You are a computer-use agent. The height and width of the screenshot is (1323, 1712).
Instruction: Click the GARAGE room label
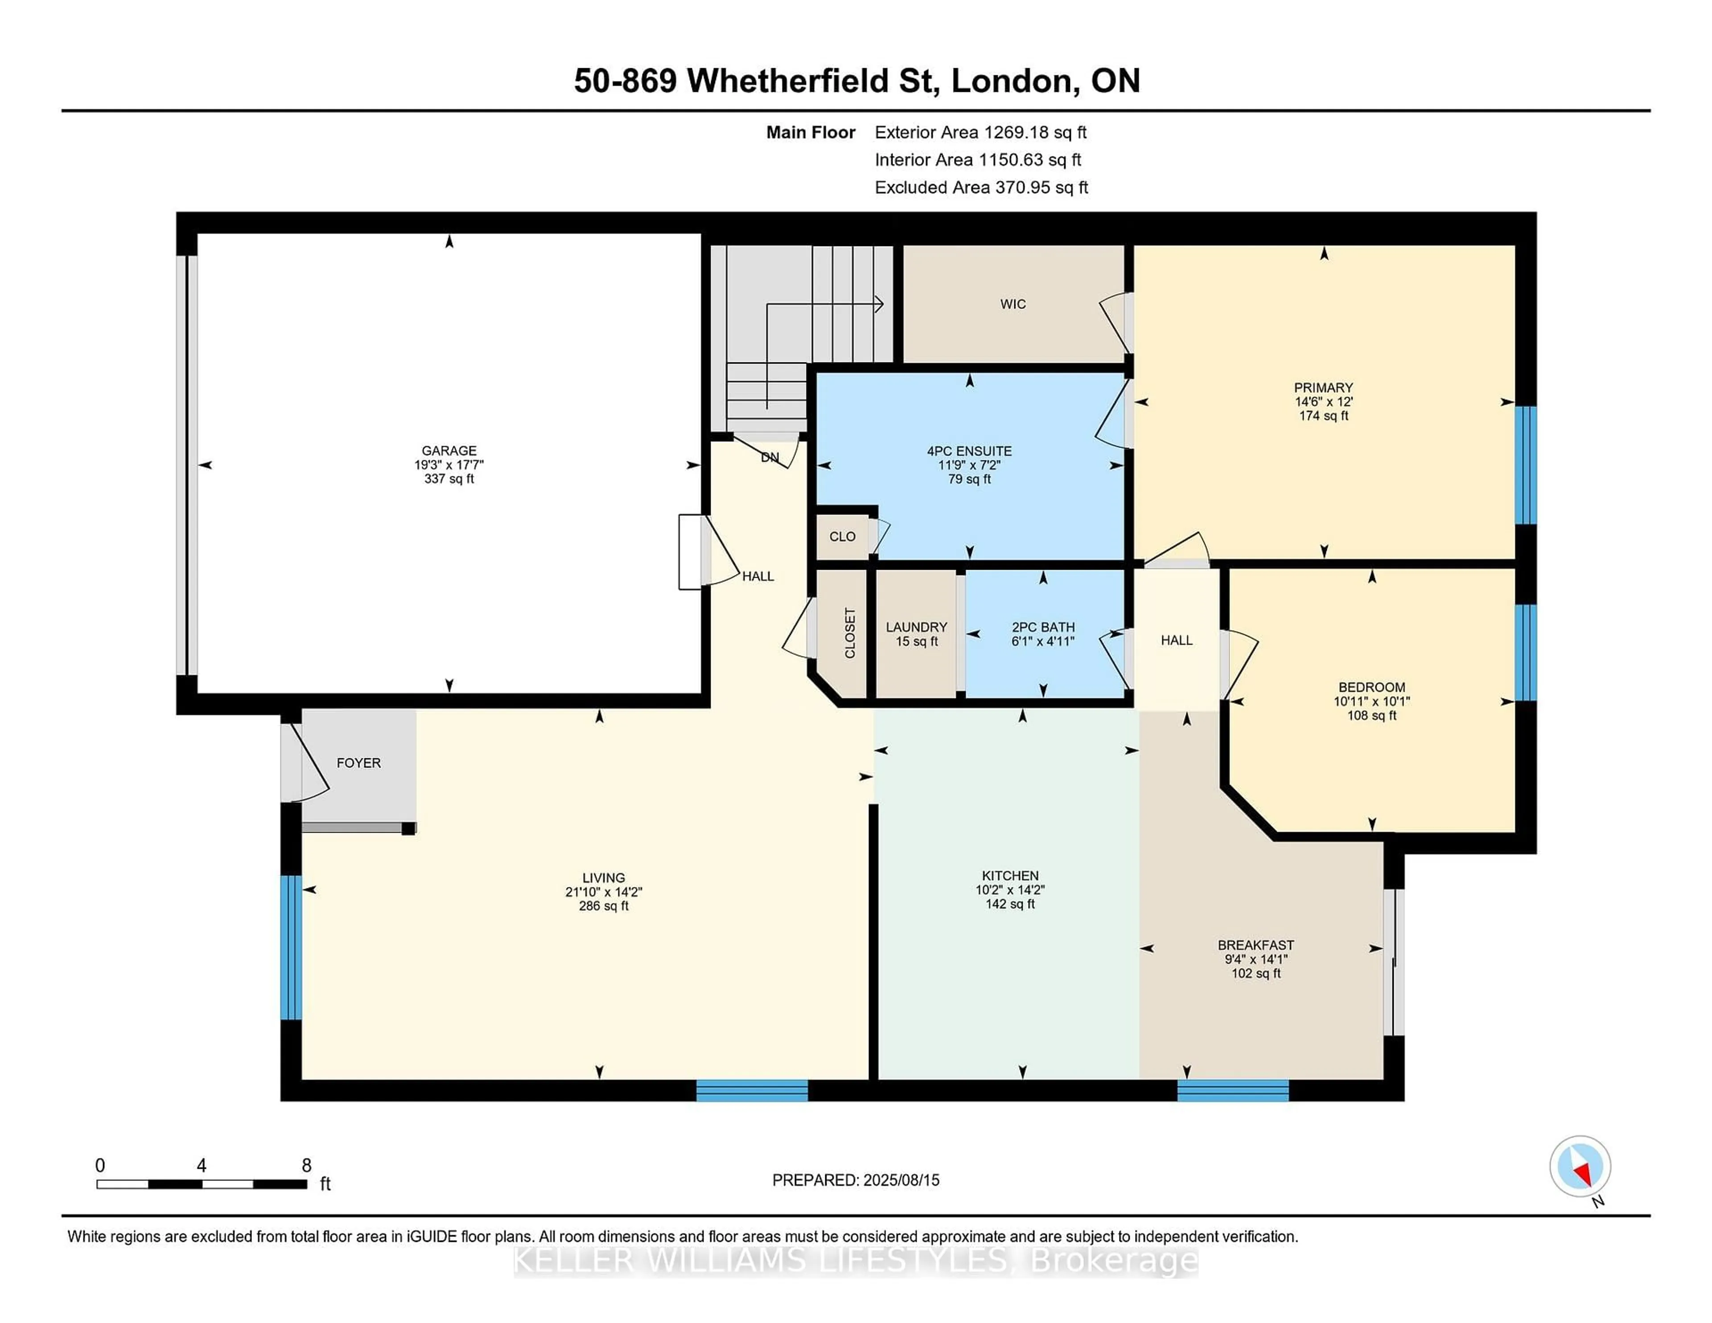449,451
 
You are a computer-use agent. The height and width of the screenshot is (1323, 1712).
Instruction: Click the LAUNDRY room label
916,627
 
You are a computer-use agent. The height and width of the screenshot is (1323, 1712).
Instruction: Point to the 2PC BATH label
1042,627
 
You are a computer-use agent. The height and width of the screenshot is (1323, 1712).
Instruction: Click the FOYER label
358,763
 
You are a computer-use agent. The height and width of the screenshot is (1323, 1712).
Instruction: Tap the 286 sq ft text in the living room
604,906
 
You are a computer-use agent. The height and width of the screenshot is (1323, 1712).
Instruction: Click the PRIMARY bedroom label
1323,387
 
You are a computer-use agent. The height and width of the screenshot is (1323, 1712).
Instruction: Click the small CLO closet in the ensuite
842,537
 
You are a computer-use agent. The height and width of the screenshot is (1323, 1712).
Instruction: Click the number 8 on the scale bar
306,1166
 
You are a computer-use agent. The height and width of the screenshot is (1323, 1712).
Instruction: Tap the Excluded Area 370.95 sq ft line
981,187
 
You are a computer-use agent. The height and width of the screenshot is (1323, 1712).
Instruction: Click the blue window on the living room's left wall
291,947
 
